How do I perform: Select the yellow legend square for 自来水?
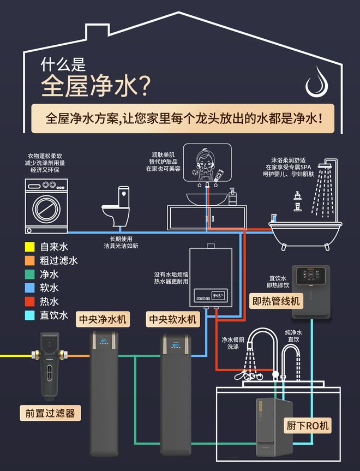[x=30, y=247]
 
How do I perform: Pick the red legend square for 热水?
[x=30, y=301]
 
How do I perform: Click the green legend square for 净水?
[x=30, y=274]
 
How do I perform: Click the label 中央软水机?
[x=172, y=319]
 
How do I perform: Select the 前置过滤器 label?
[x=50, y=413]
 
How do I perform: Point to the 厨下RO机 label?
[x=308, y=426]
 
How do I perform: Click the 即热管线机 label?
[x=275, y=301]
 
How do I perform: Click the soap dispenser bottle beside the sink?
[x=232, y=196]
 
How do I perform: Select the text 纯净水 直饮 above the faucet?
[x=293, y=336]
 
